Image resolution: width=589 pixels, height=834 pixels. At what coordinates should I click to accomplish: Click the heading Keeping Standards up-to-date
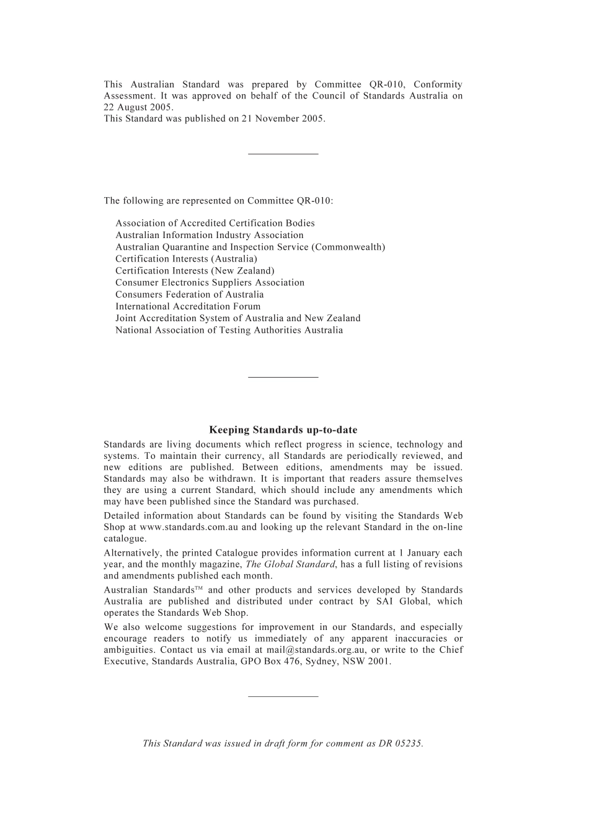click(x=283, y=430)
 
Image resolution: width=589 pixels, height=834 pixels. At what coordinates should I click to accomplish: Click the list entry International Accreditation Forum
click(x=188, y=306)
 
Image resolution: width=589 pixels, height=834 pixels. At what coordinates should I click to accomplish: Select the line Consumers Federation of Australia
click(x=189, y=295)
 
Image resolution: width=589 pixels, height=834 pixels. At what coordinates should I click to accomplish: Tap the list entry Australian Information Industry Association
click(x=209, y=235)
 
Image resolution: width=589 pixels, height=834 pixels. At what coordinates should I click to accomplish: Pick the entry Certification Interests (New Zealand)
click(x=195, y=270)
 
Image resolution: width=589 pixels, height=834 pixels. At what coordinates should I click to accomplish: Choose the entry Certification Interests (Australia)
click(x=186, y=259)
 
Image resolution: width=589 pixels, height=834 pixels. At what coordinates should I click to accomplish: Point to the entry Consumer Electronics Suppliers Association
click(x=210, y=283)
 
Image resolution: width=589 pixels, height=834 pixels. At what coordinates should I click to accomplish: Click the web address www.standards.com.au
click(x=188, y=527)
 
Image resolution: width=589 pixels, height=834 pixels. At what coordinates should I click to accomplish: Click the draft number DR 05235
click(x=401, y=743)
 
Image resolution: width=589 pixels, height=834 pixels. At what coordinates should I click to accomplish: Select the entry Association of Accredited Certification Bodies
click(x=215, y=223)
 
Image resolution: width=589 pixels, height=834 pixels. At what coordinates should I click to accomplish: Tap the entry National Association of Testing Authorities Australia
click(x=229, y=330)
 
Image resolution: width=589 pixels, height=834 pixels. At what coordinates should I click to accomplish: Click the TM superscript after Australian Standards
click(x=199, y=588)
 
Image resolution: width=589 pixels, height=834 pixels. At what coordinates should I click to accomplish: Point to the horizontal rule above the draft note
click(x=283, y=696)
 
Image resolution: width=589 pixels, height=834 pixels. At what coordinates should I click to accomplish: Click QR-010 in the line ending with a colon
click(x=313, y=200)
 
